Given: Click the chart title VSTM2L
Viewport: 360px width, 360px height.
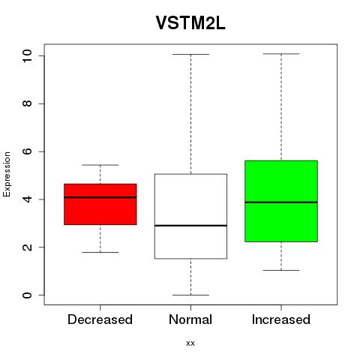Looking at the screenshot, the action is [190, 23].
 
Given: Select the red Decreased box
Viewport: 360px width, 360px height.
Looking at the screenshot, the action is [100, 204].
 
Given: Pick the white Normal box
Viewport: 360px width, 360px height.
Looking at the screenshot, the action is [190, 216].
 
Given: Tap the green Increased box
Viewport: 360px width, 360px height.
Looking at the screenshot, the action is [281, 201].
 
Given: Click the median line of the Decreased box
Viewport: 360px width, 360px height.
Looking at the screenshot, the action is [100, 197].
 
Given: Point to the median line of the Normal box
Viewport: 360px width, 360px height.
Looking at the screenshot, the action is [190, 226].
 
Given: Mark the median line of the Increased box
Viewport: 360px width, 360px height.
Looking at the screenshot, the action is [281, 202].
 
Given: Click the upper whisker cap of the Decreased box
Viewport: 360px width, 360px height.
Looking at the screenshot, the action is [100, 165].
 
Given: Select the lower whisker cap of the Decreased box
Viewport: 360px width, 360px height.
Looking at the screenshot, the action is [100, 252].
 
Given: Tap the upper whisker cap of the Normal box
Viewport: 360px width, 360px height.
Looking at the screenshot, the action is [190, 54].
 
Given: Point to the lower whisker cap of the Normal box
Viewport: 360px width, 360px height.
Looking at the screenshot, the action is [190, 295].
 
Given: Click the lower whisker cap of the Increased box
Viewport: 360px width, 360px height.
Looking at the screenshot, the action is [281, 270].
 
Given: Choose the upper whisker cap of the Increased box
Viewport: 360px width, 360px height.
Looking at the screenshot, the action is [281, 54].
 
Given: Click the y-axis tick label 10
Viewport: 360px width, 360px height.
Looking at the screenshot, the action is [27, 55].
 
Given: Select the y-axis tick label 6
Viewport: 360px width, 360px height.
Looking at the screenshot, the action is [27, 151].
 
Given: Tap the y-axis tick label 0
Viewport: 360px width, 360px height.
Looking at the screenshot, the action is [27, 295].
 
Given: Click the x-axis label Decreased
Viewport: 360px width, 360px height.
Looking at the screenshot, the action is [100, 319].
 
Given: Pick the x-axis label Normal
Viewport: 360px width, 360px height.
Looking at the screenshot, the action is [190, 319].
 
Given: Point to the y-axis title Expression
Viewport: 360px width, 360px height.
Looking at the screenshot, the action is [7, 174].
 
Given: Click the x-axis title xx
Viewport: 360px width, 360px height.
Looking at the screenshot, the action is [190, 343].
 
